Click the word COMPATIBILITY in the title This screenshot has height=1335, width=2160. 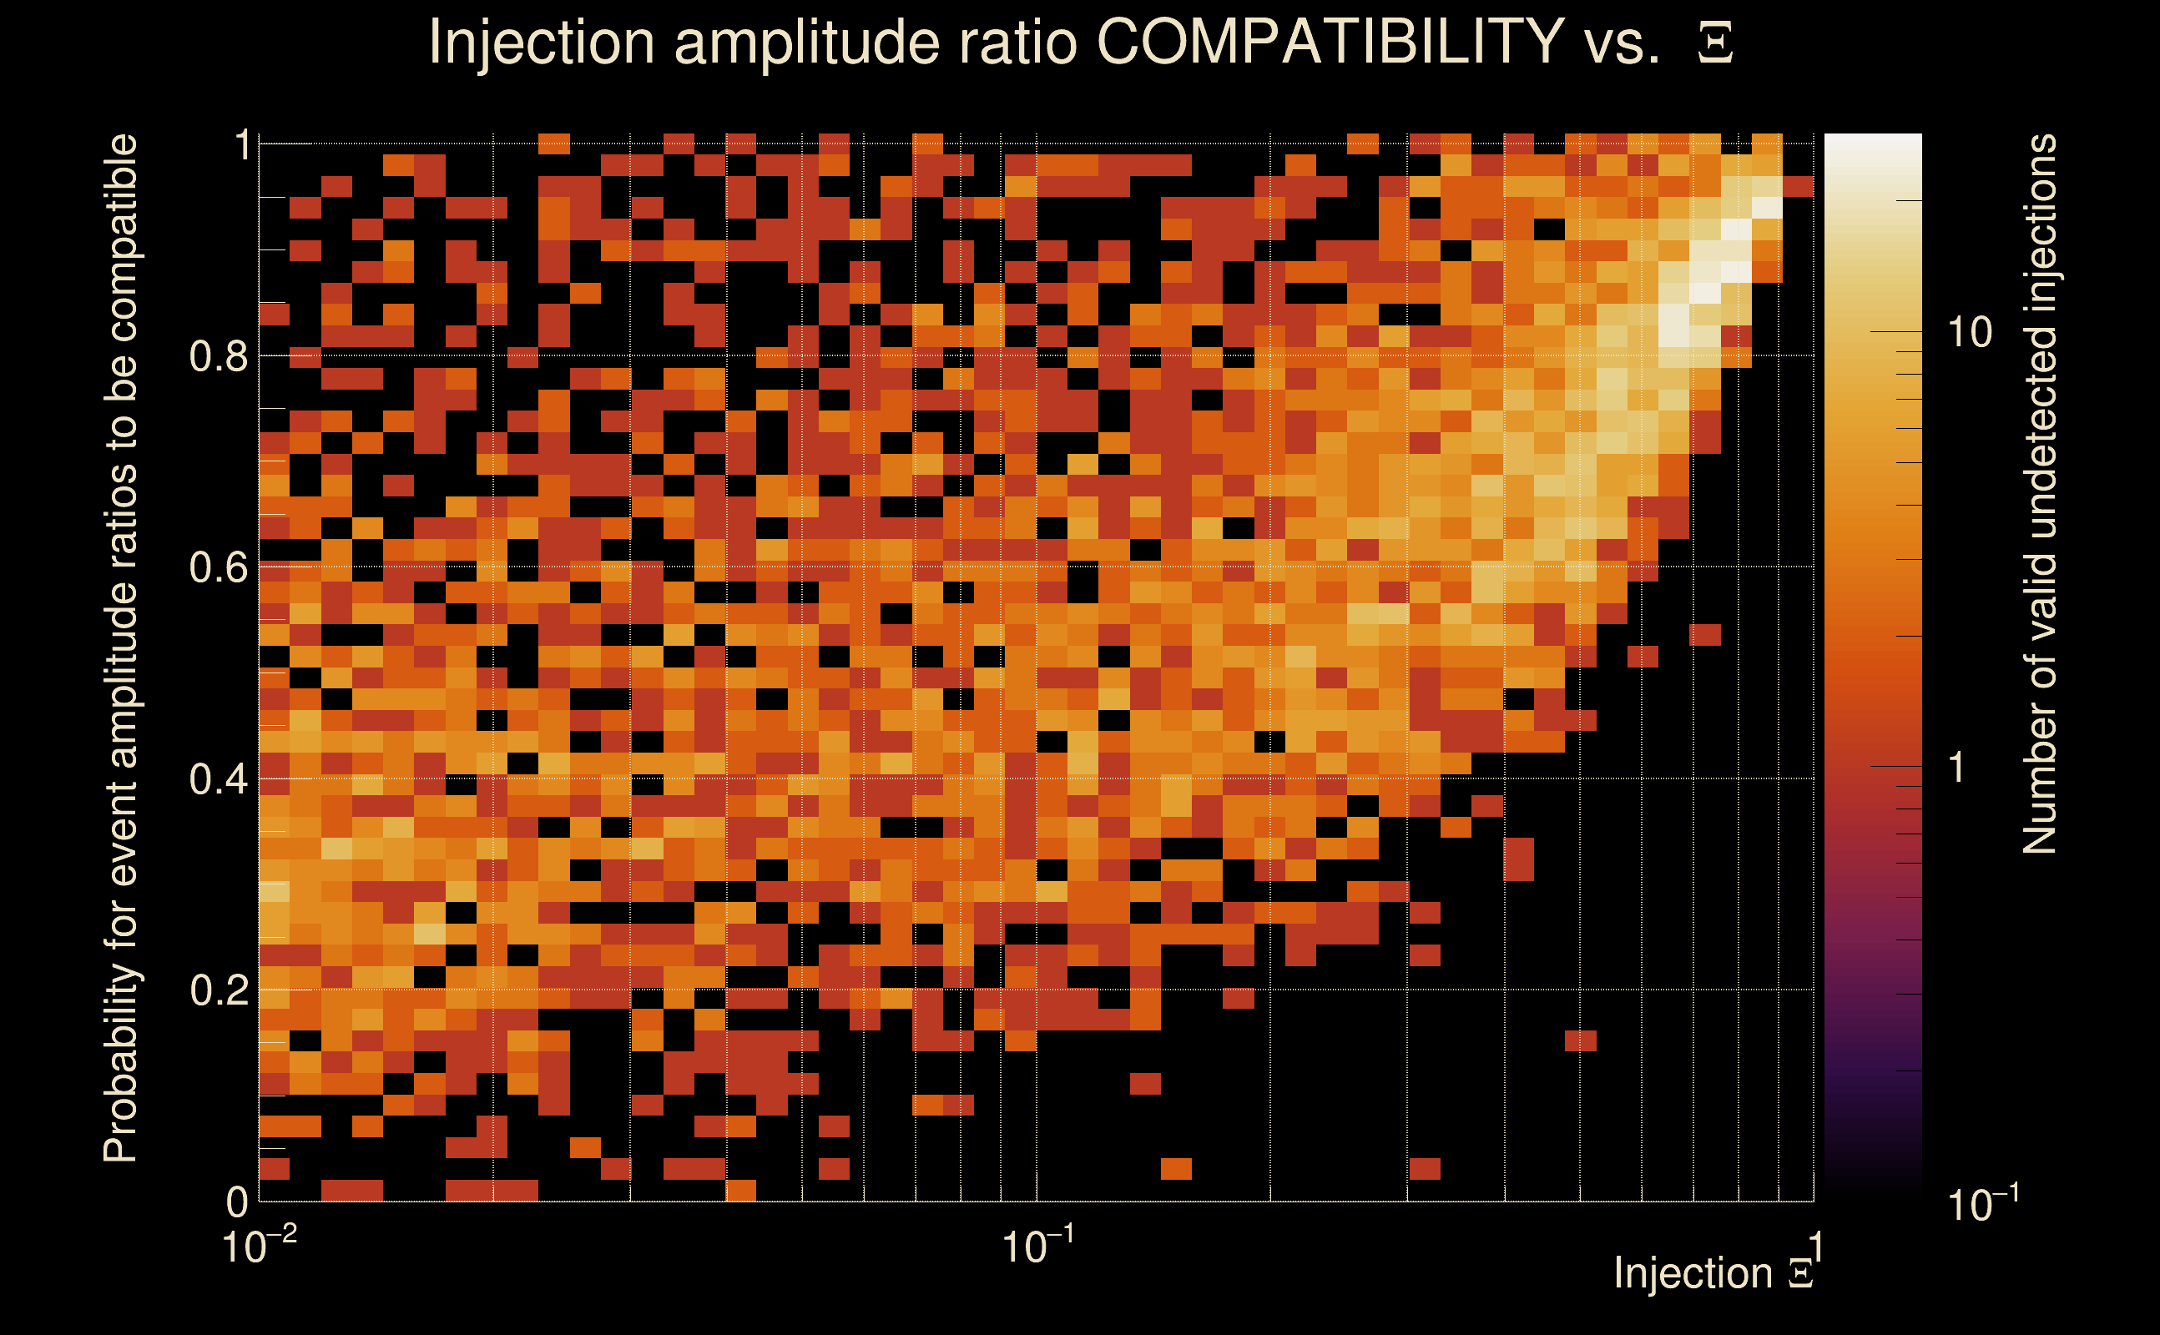point(1330,42)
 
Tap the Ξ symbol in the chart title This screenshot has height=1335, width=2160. point(1715,43)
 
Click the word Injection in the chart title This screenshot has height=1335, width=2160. point(541,43)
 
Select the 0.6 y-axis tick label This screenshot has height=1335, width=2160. point(218,567)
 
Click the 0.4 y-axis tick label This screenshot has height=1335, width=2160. point(218,778)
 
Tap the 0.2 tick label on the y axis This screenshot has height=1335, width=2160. point(218,990)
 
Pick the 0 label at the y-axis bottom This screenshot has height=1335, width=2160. point(237,1201)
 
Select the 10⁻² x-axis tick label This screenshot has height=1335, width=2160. point(259,1247)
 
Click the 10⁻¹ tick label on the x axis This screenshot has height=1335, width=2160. point(1037,1247)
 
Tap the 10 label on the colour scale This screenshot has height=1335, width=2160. point(1969,333)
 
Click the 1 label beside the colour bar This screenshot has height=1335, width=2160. point(1958,768)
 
